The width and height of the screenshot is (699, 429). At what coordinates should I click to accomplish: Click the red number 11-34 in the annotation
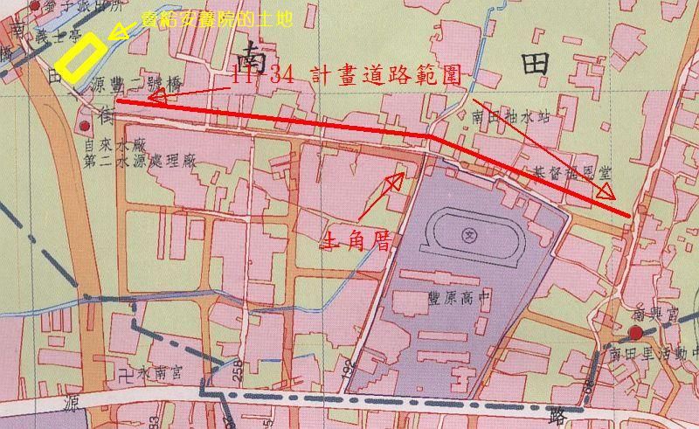265,76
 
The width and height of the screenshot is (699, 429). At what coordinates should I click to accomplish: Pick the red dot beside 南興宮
635,334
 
